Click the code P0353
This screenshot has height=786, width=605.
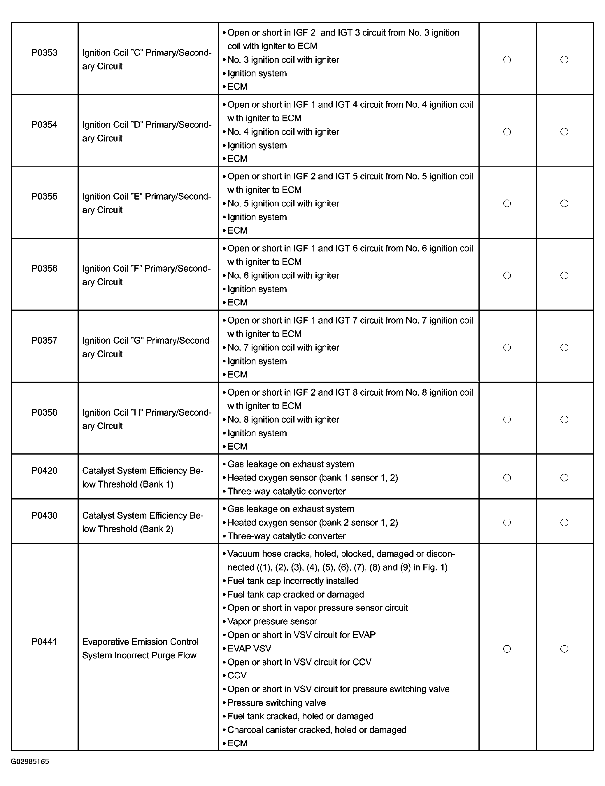pos(44,53)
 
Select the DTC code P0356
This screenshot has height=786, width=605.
pos(44,268)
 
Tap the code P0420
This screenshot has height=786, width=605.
pos(44,471)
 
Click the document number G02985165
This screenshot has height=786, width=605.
pos(30,761)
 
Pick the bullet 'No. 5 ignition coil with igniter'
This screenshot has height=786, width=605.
pos(283,204)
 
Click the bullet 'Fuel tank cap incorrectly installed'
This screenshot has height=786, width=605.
pos(293,581)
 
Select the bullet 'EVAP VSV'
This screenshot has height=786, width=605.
pos(249,649)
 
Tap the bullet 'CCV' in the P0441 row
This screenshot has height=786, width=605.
pos(237,675)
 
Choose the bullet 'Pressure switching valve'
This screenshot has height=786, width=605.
pos(276,703)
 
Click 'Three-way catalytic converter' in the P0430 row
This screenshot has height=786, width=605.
pos(286,536)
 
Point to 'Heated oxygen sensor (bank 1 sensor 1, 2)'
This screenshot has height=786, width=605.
pos(312,478)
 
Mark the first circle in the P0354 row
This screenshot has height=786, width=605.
pos(507,132)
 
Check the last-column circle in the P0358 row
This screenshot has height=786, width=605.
pos(564,420)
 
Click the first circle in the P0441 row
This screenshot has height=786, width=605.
pos(507,649)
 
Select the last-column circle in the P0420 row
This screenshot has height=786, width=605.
pos(564,478)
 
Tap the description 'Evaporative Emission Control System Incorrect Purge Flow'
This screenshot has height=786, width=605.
pos(140,649)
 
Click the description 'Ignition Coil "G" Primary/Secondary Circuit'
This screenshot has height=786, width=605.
pos(147,347)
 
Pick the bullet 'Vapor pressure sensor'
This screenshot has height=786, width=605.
pos(272,621)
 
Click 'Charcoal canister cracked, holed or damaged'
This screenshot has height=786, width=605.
pos(317,730)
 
